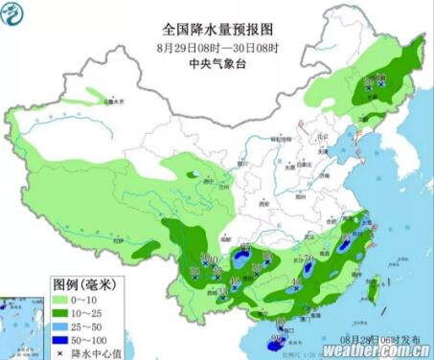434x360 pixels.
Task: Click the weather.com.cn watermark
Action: (x=375, y=349)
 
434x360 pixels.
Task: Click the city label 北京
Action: (x=319, y=137)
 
